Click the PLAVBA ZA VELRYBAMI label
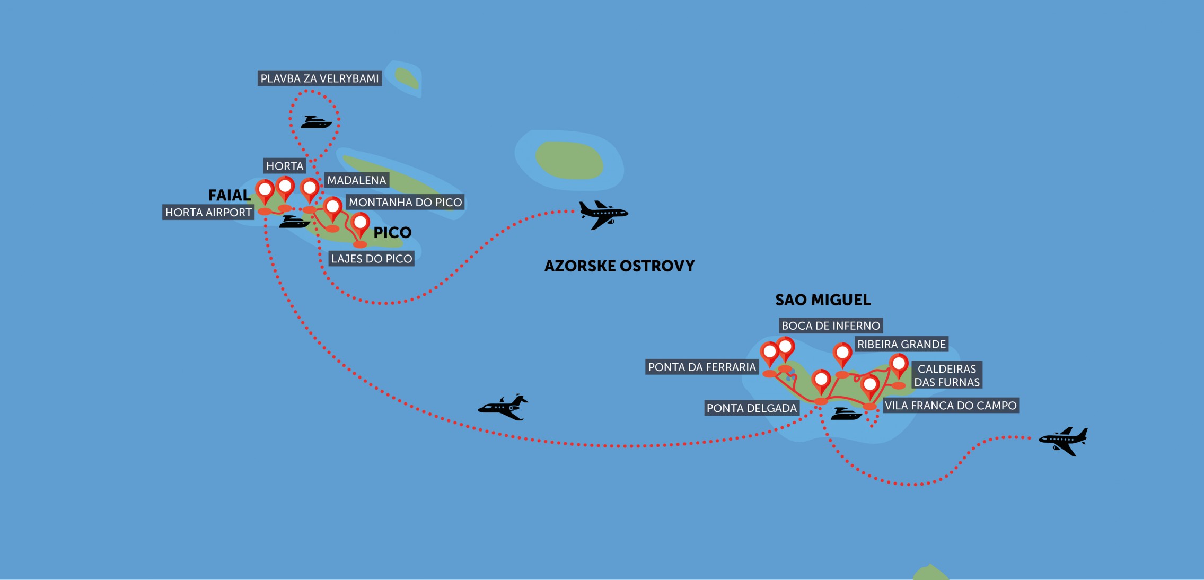pyautogui.click(x=320, y=78)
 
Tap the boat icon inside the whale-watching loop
pyautogui.click(x=316, y=122)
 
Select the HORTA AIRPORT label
pyautogui.click(x=208, y=213)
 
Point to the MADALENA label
pyautogui.click(x=356, y=180)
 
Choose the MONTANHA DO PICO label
pyautogui.click(x=405, y=202)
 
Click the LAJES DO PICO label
pyautogui.click(x=372, y=259)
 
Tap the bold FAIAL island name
pyautogui.click(x=229, y=195)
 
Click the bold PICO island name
pyautogui.click(x=392, y=232)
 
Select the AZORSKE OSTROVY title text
pyautogui.click(x=619, y=266)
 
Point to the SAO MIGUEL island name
pyautogui.click(x=823, y=300)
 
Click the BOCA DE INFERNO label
pyautogui.click(x=831, y=326)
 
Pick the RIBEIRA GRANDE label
pyautogui.click(x=901, y=344)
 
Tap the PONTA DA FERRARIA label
pyautogui.click(x=701, y=367)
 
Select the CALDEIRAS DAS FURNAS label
pyautogui.click(x=947, y=375)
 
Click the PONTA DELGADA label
pyautogui.click(x=752, y=408)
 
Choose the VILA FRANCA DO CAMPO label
pyautogui.click(x=951, y=406)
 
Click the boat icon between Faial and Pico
pyautogui.click(x=294, y=222)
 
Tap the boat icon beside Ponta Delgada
pyautogui.click(x=846, y=414)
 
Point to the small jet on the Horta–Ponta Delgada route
pyautogui.click(x=503, y=407)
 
